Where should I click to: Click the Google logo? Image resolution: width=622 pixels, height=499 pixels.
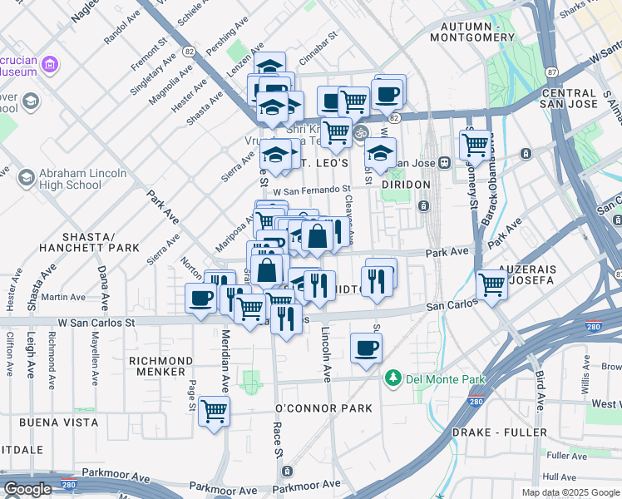pos(28,489)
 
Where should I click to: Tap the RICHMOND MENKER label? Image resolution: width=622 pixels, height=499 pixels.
pos(161,367)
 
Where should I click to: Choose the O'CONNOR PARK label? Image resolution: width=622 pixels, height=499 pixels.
pos(324,408)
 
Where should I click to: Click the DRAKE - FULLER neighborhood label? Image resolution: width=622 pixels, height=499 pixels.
pos(500,432)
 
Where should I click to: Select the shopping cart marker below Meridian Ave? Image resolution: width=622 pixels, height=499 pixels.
pos(215,411)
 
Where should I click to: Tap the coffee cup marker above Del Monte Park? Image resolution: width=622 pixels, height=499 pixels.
pos(365,348)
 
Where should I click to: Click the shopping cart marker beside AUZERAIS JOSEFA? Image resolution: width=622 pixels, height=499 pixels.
pos(491,284)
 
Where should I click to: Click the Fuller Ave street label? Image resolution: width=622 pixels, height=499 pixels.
pos(568,455)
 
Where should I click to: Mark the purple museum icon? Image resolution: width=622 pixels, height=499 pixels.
pos(50,64)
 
